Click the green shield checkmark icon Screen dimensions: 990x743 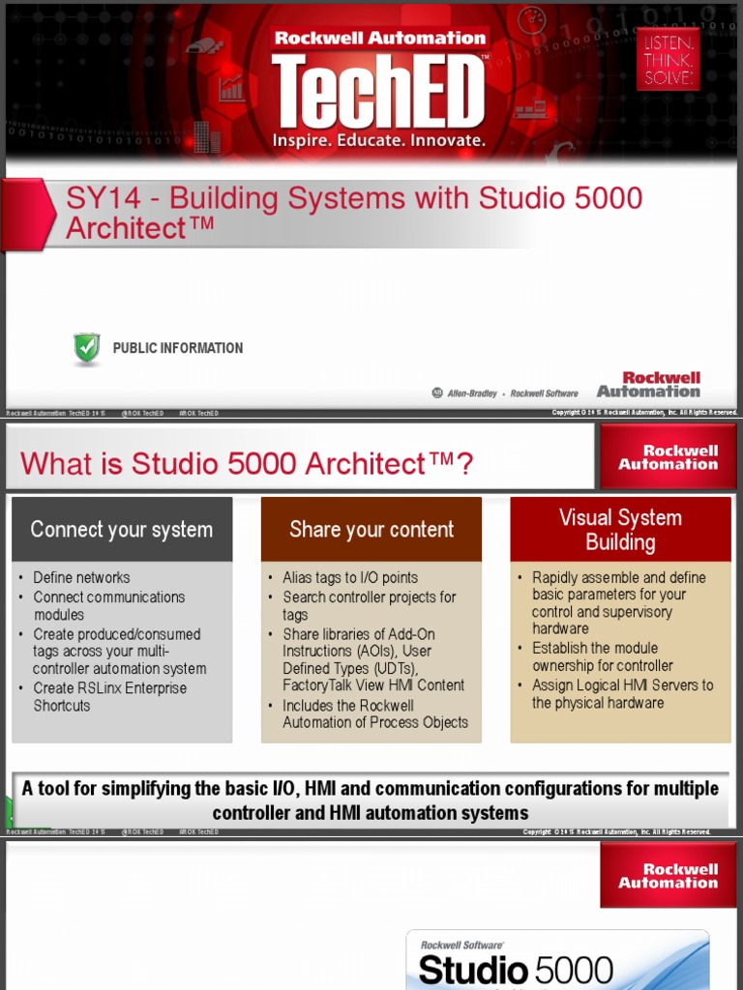coord(87,348)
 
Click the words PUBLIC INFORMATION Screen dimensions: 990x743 coord(178,348)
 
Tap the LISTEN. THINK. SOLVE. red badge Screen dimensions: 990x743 coord(669,59)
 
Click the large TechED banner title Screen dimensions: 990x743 coord(378,90)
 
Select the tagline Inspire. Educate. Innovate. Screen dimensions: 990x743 coord(378,141)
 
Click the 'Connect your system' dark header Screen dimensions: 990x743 coord(122,529)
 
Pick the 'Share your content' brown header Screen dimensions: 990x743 coord(371,529)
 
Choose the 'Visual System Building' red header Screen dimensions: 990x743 coord(620,529)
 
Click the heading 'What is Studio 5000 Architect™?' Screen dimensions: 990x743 coord(248,464)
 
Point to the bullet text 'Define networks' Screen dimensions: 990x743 coord(81,577)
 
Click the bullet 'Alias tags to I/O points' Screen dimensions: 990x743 coord(350,577)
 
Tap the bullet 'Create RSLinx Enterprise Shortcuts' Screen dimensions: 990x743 coord(109,697)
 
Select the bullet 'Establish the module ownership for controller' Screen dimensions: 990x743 coord(602,656)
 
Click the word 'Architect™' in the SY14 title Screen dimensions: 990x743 coord(139,229)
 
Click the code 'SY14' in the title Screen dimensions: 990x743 coord(104,199)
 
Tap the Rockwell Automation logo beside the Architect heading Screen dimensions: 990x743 coord(669,457)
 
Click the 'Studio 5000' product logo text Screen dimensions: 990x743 coord(516,970)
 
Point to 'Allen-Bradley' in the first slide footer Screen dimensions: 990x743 coord(472,393)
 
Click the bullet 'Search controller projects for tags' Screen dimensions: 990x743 coord(369,606)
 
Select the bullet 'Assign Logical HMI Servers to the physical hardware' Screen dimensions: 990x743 coord(622,694)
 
